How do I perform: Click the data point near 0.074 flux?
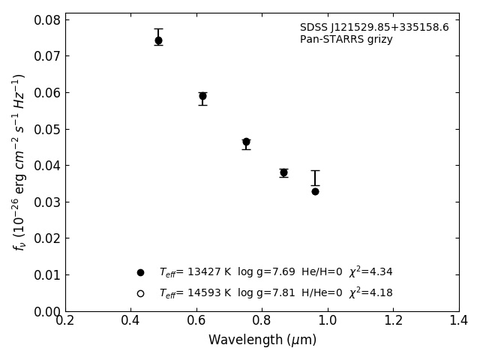(158, 40)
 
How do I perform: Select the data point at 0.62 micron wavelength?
(202, 96)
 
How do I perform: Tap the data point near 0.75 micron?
(246, 142)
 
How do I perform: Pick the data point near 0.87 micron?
(283, 172)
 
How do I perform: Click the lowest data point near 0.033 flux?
(315, 191)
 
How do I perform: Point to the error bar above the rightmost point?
(315, 178)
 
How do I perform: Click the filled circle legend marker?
(140, 272)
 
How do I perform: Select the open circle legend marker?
(140, 293)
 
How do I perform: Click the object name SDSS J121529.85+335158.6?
(374, 28)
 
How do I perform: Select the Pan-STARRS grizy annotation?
(346, 40)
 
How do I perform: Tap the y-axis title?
(19, 161)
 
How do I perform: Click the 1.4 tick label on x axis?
(459, 321)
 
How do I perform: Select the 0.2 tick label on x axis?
(65, 321)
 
